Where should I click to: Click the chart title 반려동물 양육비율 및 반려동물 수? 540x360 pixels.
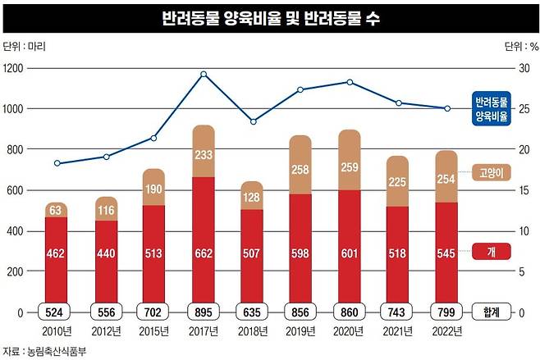click(270, 17)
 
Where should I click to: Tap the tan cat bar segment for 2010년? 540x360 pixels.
click(56, 210)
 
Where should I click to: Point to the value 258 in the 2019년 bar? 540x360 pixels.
click(300, 169)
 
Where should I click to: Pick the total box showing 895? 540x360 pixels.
click(203, 312)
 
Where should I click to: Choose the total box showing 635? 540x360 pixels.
click(252, 312)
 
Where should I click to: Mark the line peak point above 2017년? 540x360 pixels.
click(203, 74)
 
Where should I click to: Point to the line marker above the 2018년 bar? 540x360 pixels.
click(252, 121)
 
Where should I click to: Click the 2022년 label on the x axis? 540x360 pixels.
click(447, 331)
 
